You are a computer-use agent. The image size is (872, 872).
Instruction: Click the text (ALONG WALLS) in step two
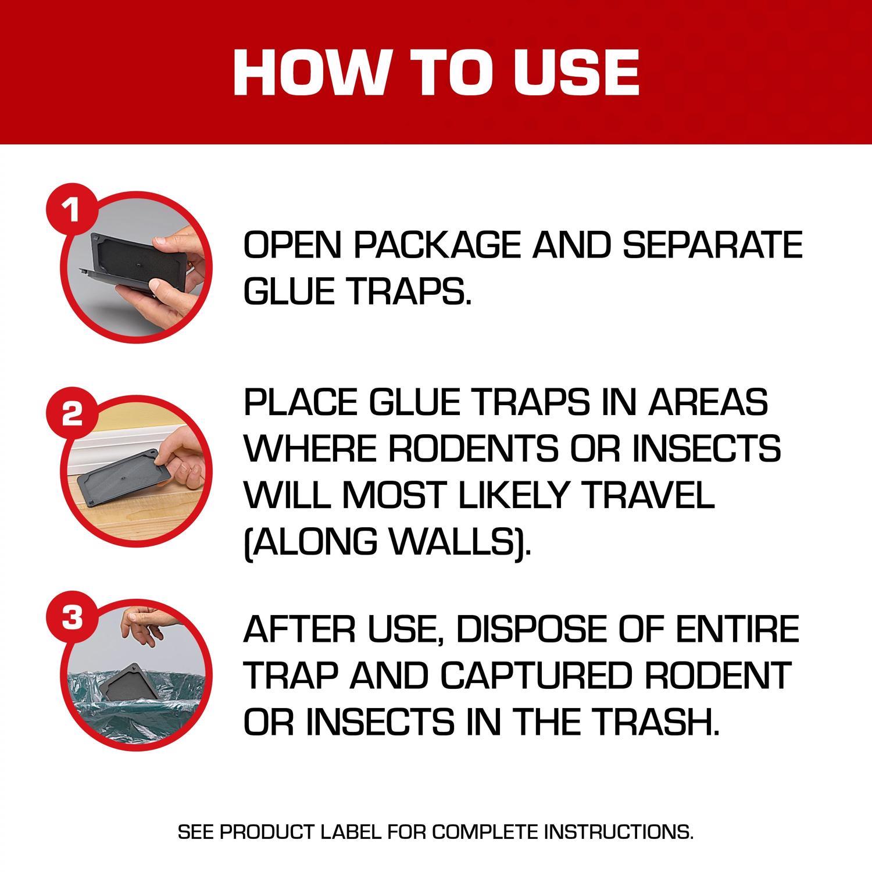(x=387, y=541)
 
